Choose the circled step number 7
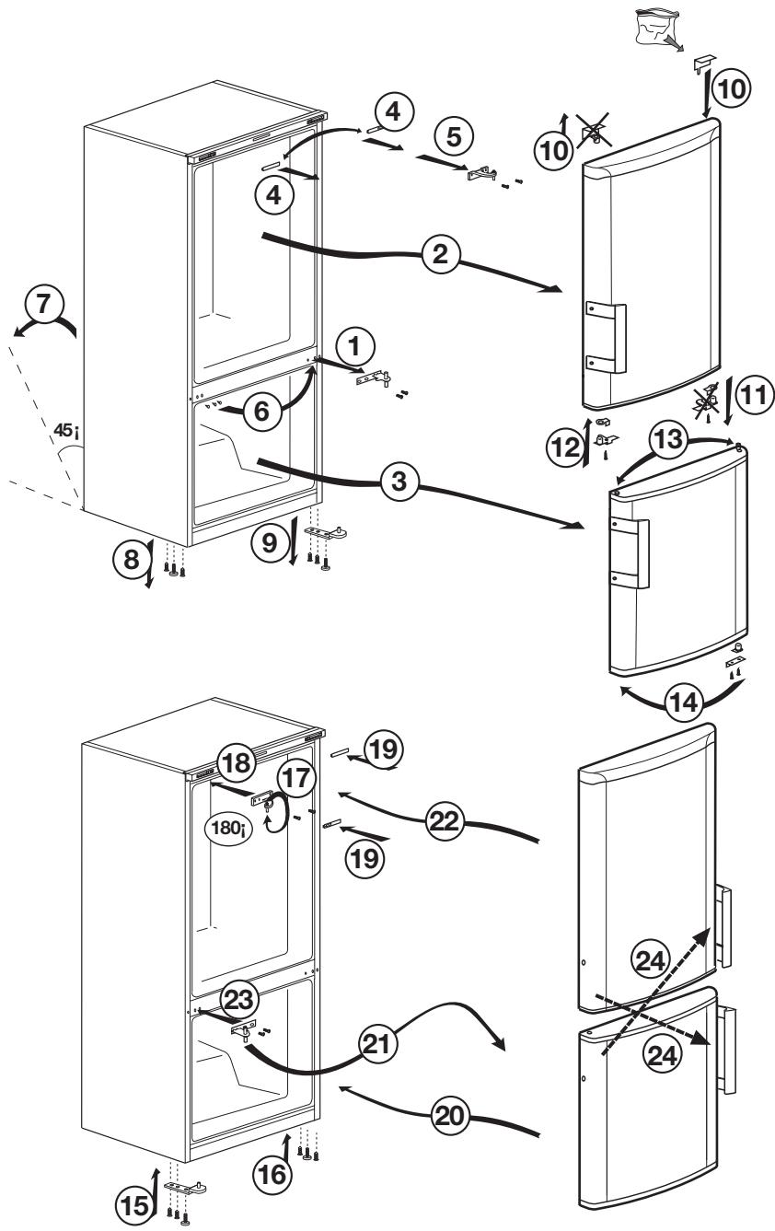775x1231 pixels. pos(43,306)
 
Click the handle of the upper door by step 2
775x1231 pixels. pos(608,337)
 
